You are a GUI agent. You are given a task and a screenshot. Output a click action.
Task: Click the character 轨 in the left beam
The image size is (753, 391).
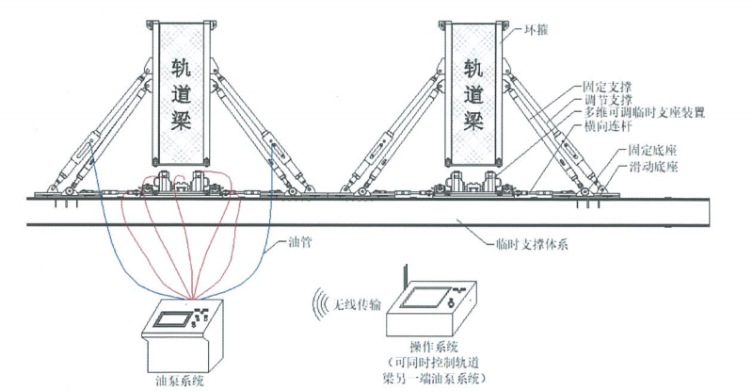182,68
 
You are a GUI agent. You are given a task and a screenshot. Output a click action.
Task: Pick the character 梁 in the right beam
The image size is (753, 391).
474,122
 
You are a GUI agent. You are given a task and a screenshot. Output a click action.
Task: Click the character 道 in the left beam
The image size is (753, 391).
182,94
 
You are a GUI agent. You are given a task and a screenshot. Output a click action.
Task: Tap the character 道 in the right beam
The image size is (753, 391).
474,94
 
